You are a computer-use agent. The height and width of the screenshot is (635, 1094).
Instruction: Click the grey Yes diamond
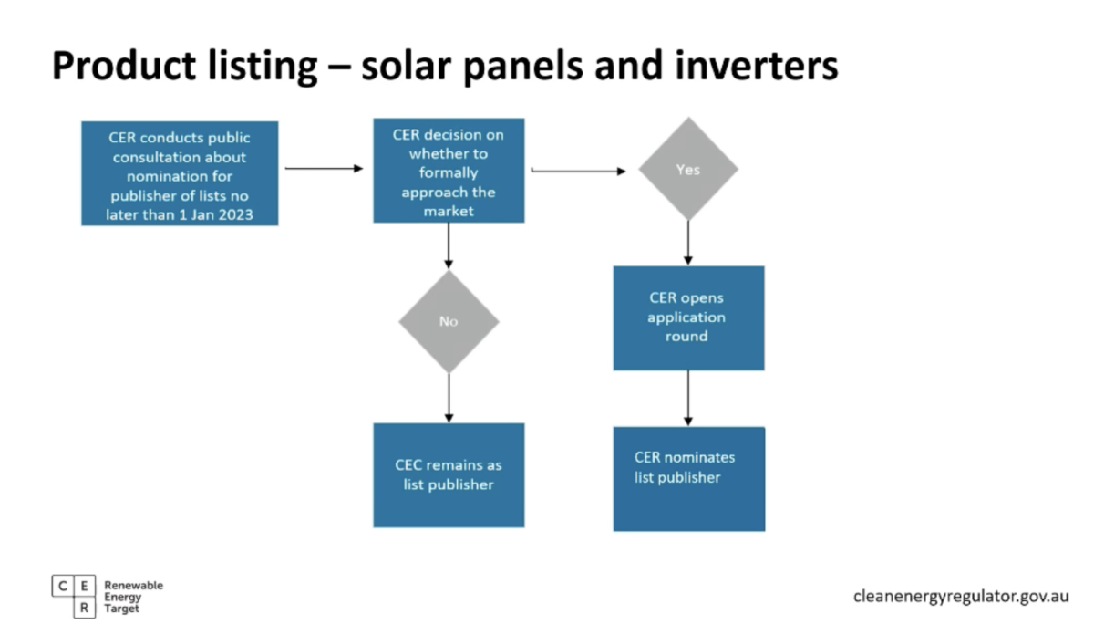pos(688,169)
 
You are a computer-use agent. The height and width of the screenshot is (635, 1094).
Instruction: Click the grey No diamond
pos(449,321)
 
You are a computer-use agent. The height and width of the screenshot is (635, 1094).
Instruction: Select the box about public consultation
pos(180,173)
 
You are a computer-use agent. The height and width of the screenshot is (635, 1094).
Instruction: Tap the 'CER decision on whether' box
pos(449,170)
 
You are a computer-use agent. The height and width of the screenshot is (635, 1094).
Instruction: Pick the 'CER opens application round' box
pos(688,318)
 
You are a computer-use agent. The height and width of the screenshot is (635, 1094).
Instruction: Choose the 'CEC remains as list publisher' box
pos(449,475)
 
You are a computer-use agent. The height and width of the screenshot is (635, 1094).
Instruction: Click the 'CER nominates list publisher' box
pos(689,479)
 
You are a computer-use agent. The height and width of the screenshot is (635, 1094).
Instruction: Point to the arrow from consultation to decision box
pos(325,168)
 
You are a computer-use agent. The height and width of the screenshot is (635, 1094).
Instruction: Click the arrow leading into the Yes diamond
pos(579,171)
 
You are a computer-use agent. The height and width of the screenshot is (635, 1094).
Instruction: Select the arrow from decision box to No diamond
pos(449,246)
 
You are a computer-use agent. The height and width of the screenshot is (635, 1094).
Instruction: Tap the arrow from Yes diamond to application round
pos(688,243)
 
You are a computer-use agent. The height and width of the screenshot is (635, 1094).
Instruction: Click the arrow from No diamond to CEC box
pos(449,399)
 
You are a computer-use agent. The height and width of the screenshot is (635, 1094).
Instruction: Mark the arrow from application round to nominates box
pos(688,399)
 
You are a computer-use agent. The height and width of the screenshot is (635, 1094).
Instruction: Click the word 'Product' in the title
pos(124,66)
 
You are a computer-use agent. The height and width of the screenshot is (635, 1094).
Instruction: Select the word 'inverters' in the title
pos(757,66)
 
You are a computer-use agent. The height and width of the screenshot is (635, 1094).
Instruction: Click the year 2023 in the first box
pos(236,214)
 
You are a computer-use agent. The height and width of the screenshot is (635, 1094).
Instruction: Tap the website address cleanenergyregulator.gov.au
pos(961,597)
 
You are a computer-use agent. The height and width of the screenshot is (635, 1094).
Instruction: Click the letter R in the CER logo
pos(85,608)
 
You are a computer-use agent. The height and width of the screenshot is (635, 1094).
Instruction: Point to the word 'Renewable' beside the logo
pos(133,585)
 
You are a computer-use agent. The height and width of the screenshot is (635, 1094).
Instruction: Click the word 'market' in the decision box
pos(449,211)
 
